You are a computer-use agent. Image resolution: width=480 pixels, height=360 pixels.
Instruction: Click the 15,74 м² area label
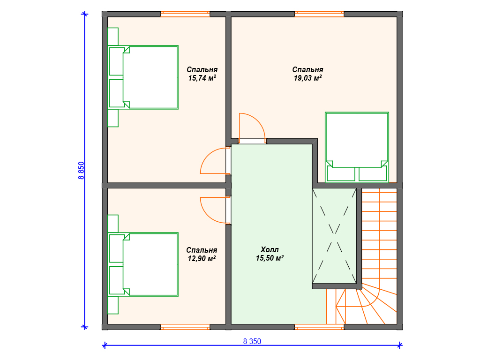tap(202, 78)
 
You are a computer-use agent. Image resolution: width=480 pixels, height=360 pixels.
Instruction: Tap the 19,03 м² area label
tap(307, 78)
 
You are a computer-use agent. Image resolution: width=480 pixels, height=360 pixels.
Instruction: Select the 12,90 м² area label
tap(202, 259)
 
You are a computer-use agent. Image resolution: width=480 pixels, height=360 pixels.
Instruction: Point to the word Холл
tap(270, 249)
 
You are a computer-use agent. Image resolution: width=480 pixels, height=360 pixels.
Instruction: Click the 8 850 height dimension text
tap(81, 171)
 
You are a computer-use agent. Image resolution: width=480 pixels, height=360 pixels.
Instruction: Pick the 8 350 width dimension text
tap(252, 341)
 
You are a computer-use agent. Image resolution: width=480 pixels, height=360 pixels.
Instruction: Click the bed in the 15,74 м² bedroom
tap(143, 77)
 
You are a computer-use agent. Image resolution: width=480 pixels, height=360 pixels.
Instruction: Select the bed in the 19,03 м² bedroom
tap(357, 147)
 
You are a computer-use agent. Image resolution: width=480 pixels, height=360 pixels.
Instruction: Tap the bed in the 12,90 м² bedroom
tap(143, 264)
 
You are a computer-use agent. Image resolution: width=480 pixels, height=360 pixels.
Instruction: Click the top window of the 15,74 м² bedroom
tap(185, 14)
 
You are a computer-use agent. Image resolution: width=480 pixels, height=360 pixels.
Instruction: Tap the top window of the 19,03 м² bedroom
tap(319, 14)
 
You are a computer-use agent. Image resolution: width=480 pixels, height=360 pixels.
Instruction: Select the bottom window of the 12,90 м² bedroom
tap(185, 327)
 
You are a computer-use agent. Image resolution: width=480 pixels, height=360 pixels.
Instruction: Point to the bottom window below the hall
tap(319, 327)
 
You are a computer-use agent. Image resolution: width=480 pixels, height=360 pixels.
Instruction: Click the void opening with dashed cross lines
tap(334, 236)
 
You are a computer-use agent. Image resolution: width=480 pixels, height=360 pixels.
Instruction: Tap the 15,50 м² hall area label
tap(270, 258)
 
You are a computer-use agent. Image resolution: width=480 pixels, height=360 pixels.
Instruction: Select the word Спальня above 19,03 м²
tap(307, 69)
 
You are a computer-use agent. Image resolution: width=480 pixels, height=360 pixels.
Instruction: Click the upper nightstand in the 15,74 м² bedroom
tap(113, 37)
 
